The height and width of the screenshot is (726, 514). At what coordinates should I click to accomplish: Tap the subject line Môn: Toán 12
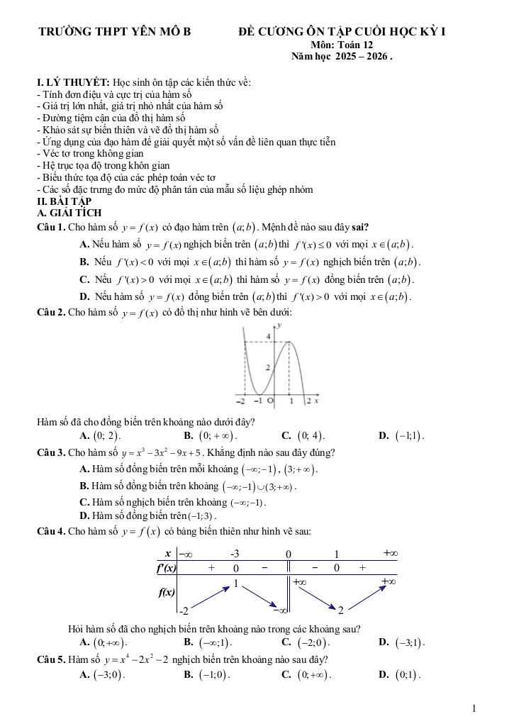[346, 44]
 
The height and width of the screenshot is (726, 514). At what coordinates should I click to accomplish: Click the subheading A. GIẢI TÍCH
[69, 213]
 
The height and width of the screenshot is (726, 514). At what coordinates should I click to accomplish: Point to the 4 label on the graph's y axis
[268, 335]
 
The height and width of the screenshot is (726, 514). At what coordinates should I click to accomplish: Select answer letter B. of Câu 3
[84, 486]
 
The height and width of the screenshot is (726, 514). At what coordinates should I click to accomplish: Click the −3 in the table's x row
[235, 554]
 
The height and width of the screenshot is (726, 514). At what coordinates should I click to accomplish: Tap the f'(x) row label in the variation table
[167, 567]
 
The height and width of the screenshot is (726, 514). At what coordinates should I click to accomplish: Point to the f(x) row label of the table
[167, 592]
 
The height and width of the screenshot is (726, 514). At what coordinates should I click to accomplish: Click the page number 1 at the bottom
[473, 708]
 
